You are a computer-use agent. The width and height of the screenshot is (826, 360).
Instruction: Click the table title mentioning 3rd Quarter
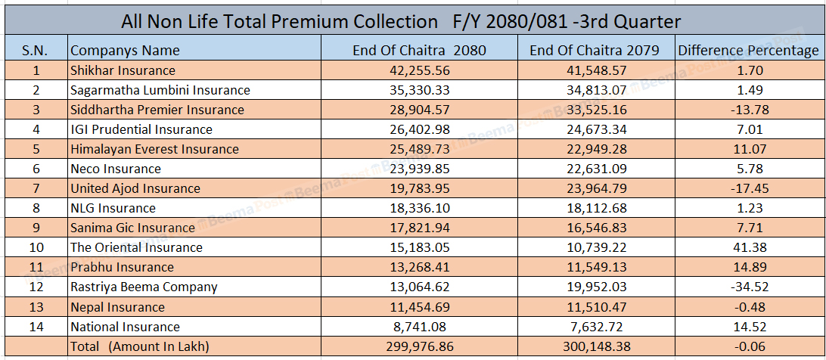(401, 21)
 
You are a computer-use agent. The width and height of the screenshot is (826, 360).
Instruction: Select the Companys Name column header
(125, 51)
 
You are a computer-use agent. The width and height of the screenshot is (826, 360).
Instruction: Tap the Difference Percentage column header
(748, 51)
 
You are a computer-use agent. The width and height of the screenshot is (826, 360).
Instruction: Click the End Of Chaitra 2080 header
(419, 51)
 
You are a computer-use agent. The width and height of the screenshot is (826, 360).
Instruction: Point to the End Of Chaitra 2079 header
(595, 51)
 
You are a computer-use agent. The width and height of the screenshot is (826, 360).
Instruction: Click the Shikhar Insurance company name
(123, 70)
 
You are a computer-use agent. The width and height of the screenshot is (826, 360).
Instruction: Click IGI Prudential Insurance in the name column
(141, 129)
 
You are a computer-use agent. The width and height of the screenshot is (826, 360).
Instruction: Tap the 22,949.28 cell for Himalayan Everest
(595, 149)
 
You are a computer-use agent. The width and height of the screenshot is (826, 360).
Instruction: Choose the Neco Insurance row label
(116, 169)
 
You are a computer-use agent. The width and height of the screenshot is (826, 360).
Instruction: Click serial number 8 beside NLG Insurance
(36, 208)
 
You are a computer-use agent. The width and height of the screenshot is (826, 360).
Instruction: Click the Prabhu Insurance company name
(122, 267)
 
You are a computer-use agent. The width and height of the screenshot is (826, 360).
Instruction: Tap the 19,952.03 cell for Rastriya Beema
(595, 287)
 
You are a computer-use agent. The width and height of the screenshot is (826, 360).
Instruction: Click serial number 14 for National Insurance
(36, 327)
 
